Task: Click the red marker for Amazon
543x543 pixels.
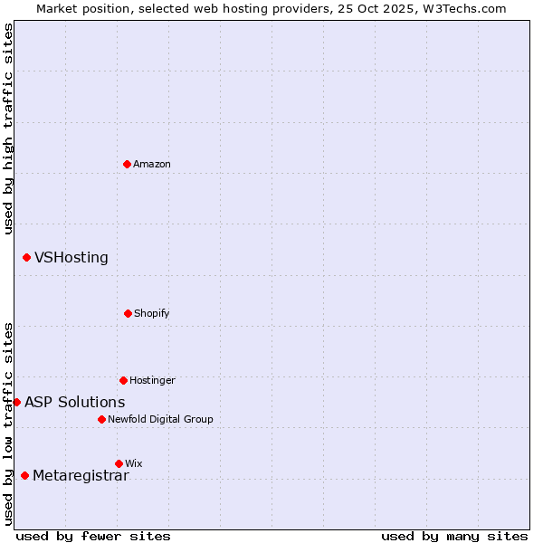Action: coord(127,164)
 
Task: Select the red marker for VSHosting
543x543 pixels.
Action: coord(26,258)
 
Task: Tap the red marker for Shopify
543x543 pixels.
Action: coord(128,313)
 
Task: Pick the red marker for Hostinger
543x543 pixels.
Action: coord(123,380)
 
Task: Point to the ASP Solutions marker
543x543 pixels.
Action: coord(16,402)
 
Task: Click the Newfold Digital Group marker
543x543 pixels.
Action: coord(101,419)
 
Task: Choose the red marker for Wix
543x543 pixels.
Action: coord(119,463)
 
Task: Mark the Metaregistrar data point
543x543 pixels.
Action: coord(24,476)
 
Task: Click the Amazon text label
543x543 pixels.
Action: coord(152,165)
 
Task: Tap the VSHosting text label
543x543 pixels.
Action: coord(71,258)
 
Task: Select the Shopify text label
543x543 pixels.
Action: coord(152,314)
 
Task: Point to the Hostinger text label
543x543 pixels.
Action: coord(152,381)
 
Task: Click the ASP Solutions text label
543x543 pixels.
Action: coord(75,403)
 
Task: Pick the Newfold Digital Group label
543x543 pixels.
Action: coord(160,420)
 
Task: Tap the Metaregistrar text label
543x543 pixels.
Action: coord(81,477)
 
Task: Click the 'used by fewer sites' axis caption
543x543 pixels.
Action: coord(93,537)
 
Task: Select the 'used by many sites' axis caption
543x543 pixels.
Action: coord(454,537)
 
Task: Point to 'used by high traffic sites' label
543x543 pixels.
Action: coord(8,129)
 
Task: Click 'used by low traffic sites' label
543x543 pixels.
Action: coord(8,424)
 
